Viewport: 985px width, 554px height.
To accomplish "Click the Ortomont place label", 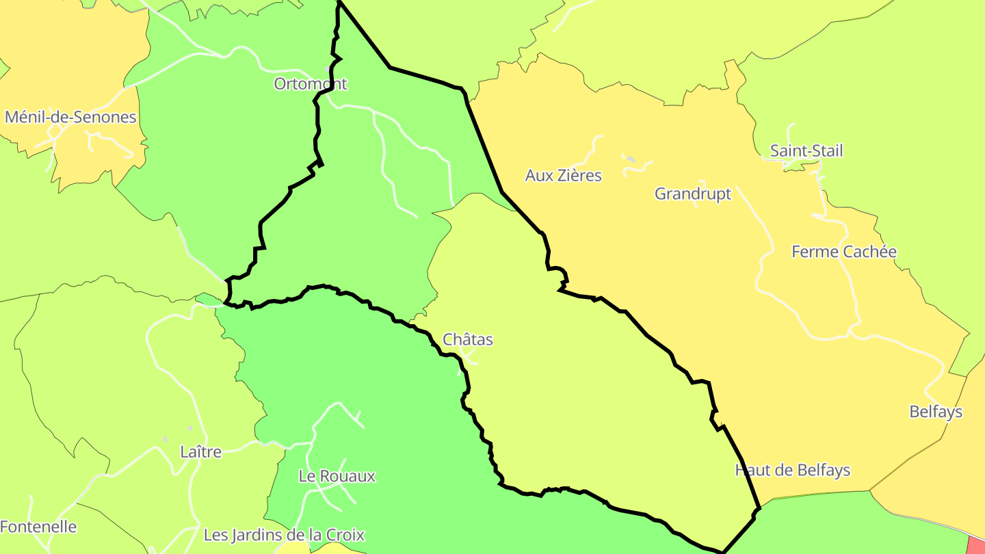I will coord(311,84).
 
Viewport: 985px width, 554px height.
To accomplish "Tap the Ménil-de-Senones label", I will coord(70,117).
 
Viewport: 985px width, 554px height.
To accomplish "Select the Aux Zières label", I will coord(563,176).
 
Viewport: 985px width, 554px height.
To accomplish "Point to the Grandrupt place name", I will coord(692,194).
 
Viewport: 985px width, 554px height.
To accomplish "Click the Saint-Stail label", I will coord(806,150).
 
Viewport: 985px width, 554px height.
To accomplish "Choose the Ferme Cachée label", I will coord(843,252).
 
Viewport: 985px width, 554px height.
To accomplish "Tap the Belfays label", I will coord(935,412).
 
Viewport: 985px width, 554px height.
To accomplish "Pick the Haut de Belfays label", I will coord(792,471).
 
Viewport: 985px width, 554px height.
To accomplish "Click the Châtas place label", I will coord(467,339).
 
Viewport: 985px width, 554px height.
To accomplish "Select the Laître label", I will coord(200,452).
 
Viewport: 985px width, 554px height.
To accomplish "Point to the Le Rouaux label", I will coord(337,476).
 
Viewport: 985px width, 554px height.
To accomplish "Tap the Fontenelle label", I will coord(38,527).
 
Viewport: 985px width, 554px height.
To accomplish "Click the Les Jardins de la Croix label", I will coord(284,535).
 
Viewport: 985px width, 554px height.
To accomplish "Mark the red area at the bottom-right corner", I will coord(977,546).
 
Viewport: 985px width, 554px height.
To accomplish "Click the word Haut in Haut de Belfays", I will coord(750,471).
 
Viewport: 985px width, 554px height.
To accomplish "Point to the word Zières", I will coord(578,176).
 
